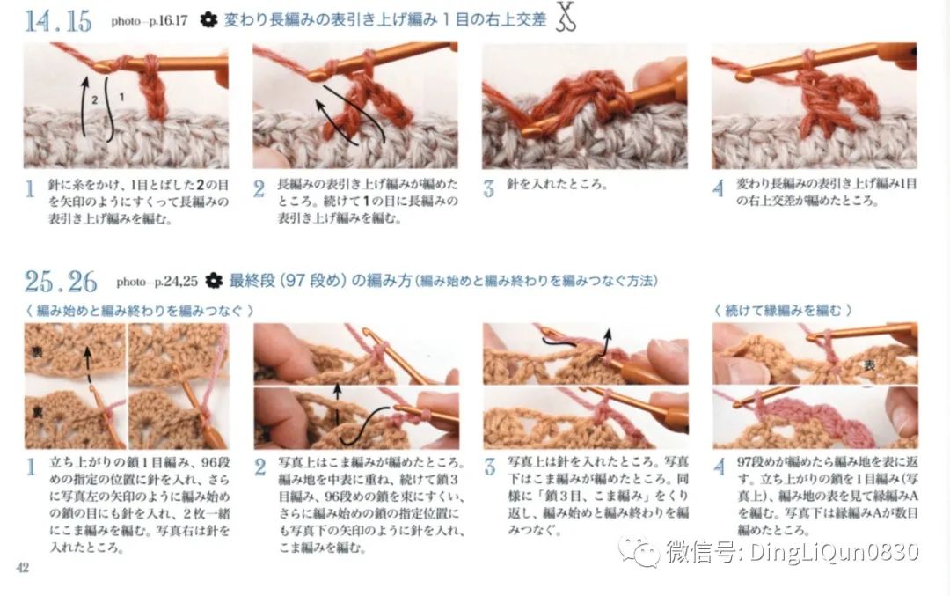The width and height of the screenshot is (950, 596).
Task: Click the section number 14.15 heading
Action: (x=58, y=20)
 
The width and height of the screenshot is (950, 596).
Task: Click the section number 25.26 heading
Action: (x=60, y=282)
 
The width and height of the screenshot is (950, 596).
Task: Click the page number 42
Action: (x=22, y=568)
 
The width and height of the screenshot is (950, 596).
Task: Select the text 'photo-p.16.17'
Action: (x=149, y=20)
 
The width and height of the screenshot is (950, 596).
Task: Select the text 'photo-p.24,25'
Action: (x=156, y=283)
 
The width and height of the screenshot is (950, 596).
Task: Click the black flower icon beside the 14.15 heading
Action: (x=208, y=19)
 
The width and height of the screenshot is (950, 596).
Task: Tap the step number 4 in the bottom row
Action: (x=719, y=467)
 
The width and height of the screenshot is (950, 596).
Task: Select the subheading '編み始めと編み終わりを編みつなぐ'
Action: (x=141, y=310)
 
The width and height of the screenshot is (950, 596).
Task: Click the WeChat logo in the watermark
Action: (x=639, y=551)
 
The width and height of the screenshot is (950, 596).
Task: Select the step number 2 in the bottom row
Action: (x=259, y=467)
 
